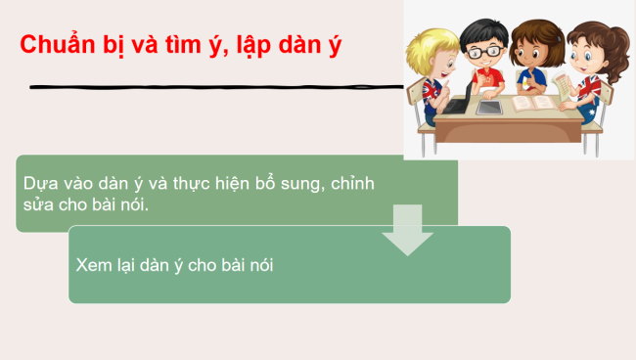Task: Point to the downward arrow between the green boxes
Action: tap(407, 231)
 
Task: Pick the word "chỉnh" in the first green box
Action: tap(353, 184)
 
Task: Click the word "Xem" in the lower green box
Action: tap(93, 264)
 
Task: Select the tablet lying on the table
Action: tap(489, 106)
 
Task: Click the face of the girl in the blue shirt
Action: tap(533, 54)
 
